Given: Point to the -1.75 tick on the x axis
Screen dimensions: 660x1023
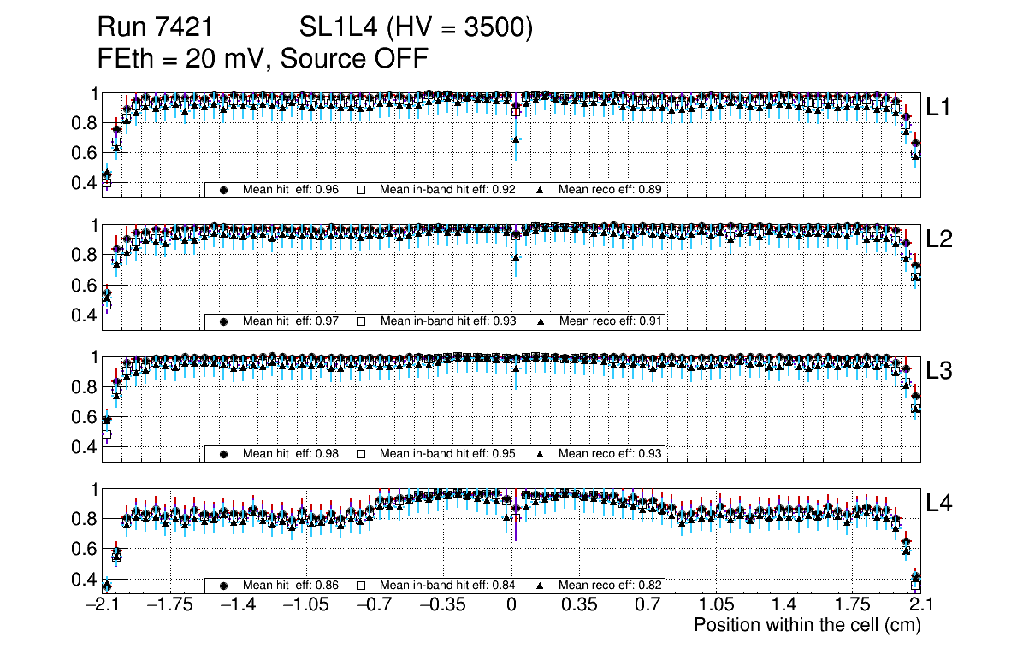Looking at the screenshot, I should [x=171, y=605].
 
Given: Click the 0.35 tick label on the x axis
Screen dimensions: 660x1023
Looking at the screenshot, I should [x=579, y=605].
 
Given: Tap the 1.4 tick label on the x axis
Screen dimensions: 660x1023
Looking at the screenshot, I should [x=784, y=605].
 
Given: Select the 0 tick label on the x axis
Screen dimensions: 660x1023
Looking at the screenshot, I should [x=511, y=605].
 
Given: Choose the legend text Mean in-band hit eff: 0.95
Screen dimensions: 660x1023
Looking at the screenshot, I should [x=446, y=453].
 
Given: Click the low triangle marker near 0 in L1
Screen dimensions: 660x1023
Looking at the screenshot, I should [x=516, y=139].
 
